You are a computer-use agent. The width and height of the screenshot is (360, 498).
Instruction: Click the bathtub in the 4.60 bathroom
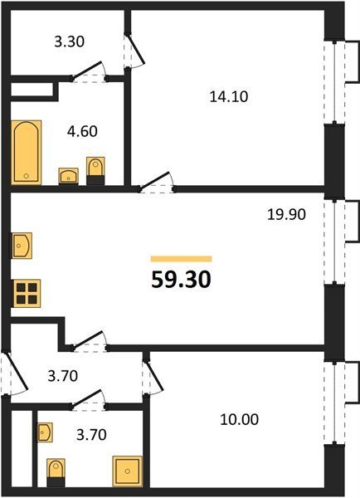[27, 152]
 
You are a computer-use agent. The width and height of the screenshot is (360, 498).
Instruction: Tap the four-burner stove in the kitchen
[27, 293]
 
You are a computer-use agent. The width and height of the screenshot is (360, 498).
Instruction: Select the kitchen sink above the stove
[22, 245]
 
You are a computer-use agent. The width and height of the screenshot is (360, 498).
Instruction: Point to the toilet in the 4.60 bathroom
[95, 171]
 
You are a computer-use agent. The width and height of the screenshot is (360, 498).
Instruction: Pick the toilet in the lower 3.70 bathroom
[56, 472]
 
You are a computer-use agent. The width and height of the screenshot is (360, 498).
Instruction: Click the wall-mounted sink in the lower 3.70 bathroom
[45, 432]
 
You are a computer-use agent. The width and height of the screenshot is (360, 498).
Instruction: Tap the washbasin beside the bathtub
[69, 176]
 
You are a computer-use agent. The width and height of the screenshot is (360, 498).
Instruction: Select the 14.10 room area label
[229, 96]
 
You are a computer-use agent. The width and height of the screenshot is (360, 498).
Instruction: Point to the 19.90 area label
[286, 214]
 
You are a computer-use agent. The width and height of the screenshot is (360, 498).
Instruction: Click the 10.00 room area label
[240, 419]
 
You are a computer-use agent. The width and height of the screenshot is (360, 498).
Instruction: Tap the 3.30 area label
[69, 41]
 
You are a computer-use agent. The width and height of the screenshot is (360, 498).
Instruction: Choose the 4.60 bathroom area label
[82, 131]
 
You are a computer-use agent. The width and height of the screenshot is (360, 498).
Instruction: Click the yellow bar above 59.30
[182, 259]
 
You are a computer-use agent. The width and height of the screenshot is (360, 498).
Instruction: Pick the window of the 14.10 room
[334, 81]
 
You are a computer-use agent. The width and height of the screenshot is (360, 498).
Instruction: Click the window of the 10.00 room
[334, 403]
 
